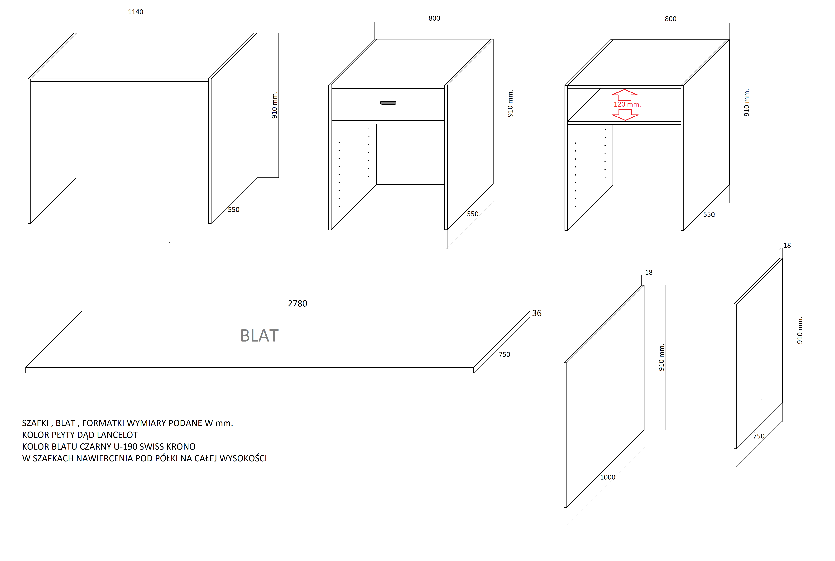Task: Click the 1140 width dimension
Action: pos(136,12)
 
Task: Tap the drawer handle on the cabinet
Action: pos(388,103)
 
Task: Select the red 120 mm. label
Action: pos(627,105)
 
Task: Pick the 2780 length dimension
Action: pos(298,303)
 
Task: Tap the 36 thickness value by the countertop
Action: pos(537,313)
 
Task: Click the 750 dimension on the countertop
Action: pos(504,355)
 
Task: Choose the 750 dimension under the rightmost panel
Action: pos(758,436)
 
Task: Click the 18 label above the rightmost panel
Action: pos(787,245)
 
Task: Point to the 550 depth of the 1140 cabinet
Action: pos(233,210)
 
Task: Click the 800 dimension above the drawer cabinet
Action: pos(434,18)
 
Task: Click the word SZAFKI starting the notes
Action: pos(35,423)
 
